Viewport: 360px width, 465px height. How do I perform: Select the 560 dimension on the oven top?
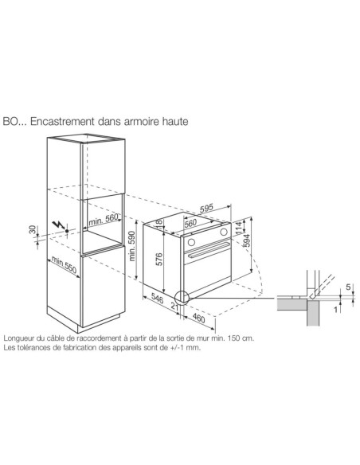(190, 224)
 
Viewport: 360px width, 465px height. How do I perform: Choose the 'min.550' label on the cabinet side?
(65, 265)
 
